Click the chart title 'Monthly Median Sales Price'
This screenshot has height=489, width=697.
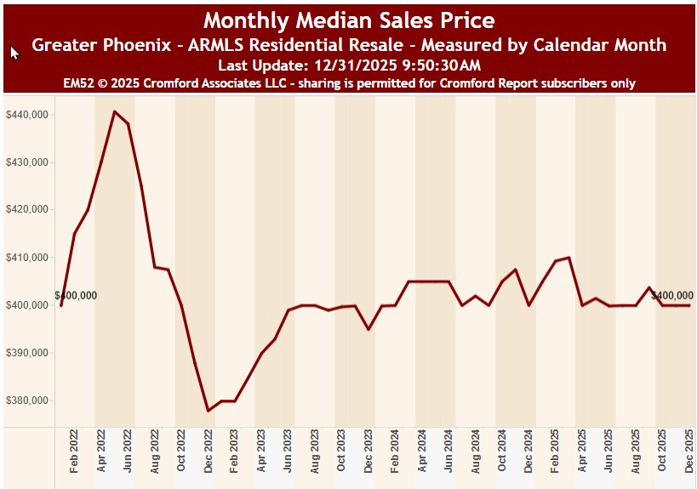pos(349,20)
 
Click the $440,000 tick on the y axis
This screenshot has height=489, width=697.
pos(28,114)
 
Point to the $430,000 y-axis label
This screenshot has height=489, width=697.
pos(28,162)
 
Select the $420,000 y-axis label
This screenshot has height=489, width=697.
pos(28,209)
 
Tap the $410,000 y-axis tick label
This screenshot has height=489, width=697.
pos(28,257)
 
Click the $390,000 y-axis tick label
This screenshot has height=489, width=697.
pos(28,353)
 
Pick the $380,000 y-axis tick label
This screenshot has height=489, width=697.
pos(28,401)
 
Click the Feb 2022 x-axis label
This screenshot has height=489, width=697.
pos(75,452)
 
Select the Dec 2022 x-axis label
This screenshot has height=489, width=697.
pos(209,452)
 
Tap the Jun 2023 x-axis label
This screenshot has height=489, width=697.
pos(289,452)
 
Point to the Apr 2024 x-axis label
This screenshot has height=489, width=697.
pos(423,452)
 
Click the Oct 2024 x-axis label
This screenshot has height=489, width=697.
pos(503,452)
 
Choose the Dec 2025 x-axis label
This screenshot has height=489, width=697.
pos(690,452)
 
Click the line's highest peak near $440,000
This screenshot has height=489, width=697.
pos(114,111)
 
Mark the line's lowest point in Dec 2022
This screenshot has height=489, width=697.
pos(209,411)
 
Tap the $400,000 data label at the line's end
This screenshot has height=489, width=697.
pos(671,296)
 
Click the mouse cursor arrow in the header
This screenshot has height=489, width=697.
pos(14,53)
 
